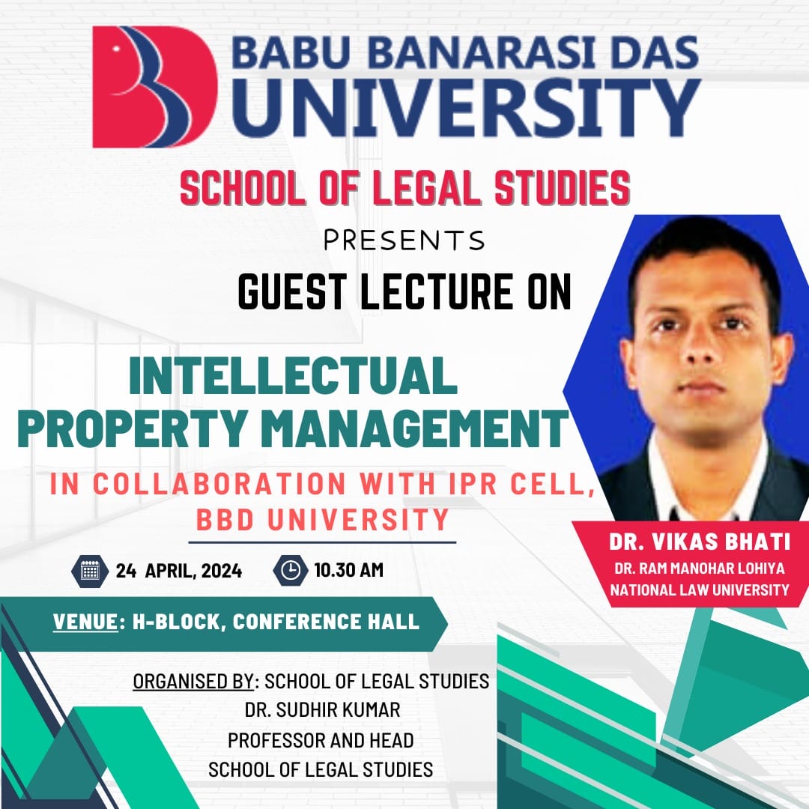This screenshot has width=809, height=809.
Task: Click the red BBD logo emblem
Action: click(155, 87)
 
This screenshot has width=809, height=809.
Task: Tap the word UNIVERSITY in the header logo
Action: click(466, 107)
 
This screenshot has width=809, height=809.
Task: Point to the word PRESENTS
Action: click(404, 240)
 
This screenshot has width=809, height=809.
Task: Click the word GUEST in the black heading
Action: click(293, 292)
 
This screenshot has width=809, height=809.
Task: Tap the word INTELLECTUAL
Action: click(293, 375)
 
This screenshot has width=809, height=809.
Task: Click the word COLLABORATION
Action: click(219, 485)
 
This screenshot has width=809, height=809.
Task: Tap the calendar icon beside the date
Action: click(90, 571)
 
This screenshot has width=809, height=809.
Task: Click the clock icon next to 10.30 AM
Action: click(291, 570)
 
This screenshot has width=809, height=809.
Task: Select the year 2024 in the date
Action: click(222, 571)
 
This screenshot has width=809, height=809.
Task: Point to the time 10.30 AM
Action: click(349, 570)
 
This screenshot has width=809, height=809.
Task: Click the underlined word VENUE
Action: click(85, 622)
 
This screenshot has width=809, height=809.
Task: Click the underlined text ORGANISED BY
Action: click(193, 682)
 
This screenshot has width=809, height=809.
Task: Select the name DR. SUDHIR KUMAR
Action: click(322, 710)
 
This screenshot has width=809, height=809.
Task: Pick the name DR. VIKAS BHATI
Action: click(700, 542)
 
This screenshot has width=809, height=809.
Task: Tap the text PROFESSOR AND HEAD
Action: click(321, 740)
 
